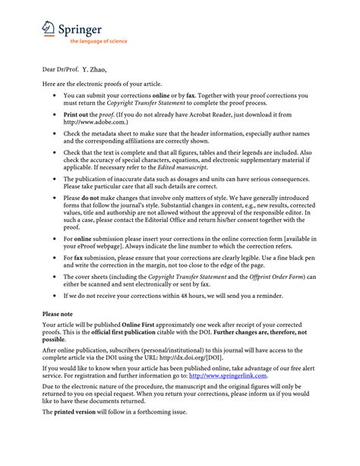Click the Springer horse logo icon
pyautogui.click(x=49, y=28)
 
